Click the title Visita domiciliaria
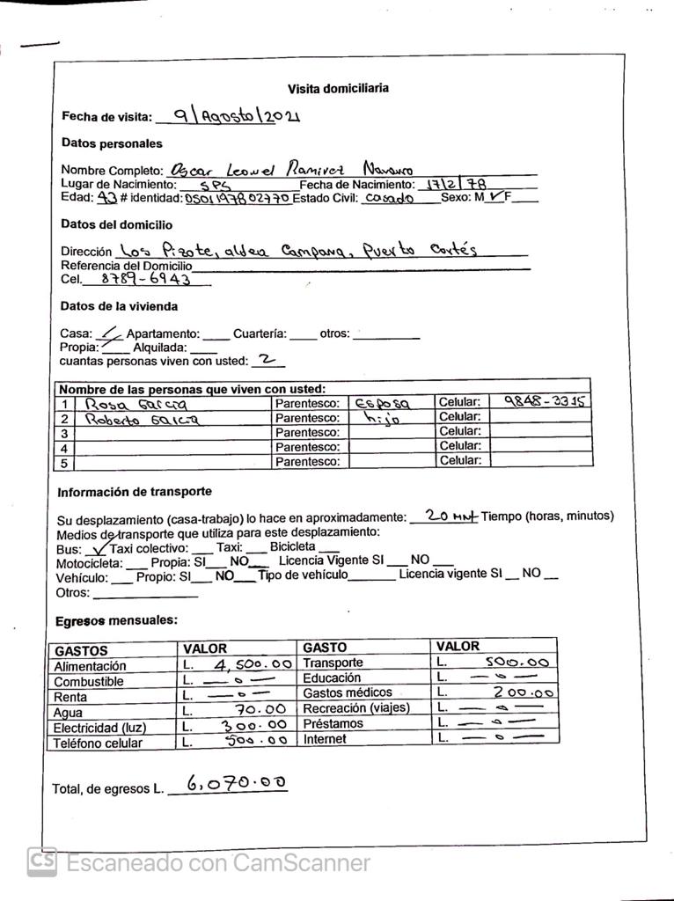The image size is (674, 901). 338,89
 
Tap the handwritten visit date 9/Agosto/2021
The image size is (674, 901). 237,115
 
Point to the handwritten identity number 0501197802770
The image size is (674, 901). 238,200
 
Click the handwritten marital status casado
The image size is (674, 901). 388,199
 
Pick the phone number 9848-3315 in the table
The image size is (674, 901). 544,402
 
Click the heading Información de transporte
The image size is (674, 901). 134,492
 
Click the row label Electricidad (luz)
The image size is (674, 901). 100,728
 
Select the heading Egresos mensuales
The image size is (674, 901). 116,621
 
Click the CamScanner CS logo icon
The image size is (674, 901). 41,861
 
